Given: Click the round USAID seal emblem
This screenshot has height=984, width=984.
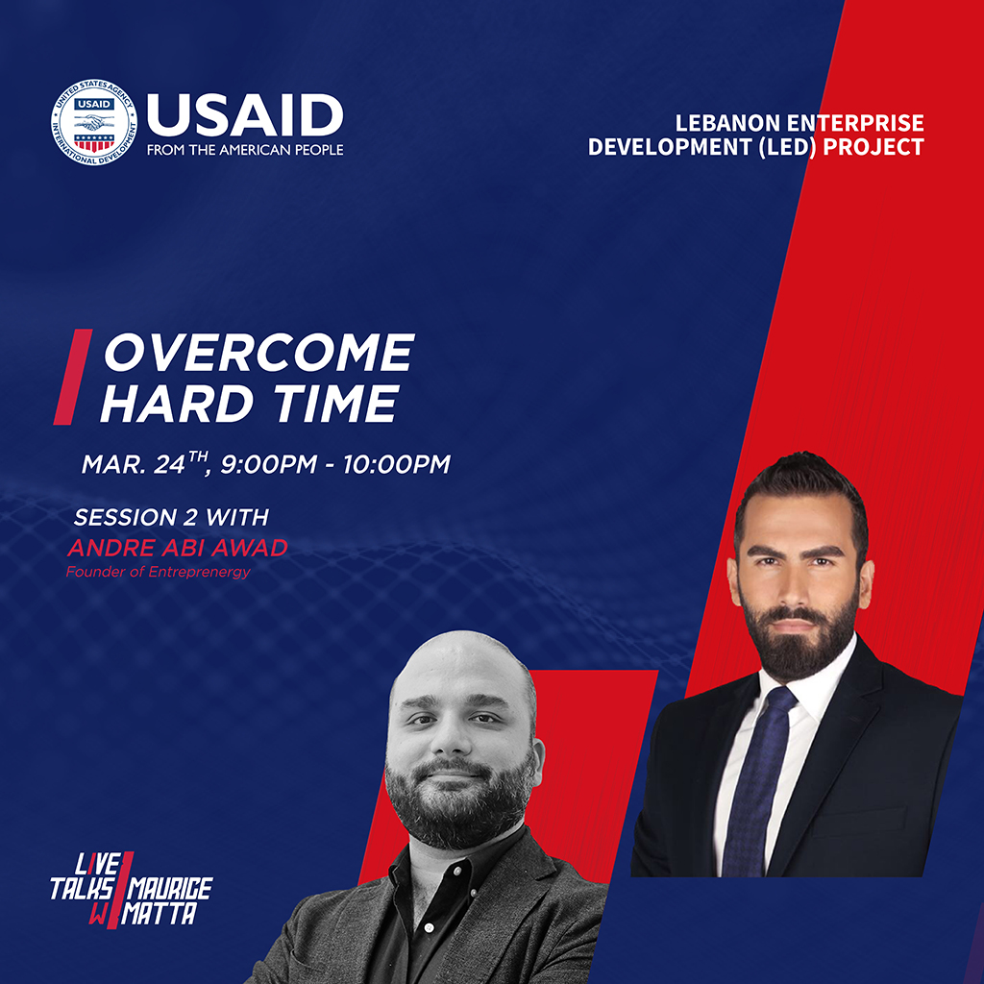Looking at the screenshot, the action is pos(94,122).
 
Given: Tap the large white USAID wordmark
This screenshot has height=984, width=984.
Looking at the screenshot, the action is pos(245,115).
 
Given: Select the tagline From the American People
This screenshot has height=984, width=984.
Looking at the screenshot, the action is pos(245,150).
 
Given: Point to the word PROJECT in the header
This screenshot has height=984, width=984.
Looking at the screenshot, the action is pos(873,147).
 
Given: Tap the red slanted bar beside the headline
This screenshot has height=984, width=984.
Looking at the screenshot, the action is pos(73,377).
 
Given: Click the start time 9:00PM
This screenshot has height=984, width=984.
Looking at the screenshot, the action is pos(269,464).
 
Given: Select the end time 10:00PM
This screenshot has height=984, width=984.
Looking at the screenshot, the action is pos(397,464).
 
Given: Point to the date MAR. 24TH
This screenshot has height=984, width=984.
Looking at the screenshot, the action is pos(144,463).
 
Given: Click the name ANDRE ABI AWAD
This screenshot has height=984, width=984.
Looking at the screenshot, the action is pos(177,548).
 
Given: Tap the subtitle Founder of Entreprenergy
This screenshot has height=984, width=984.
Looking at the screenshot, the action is pos(159,572).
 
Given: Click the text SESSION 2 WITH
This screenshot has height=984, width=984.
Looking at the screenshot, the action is pos(171,517).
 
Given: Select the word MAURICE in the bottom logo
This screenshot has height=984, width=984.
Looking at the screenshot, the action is pos(171,888).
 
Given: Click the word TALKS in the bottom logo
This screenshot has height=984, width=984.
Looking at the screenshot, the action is pos(83,889).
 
